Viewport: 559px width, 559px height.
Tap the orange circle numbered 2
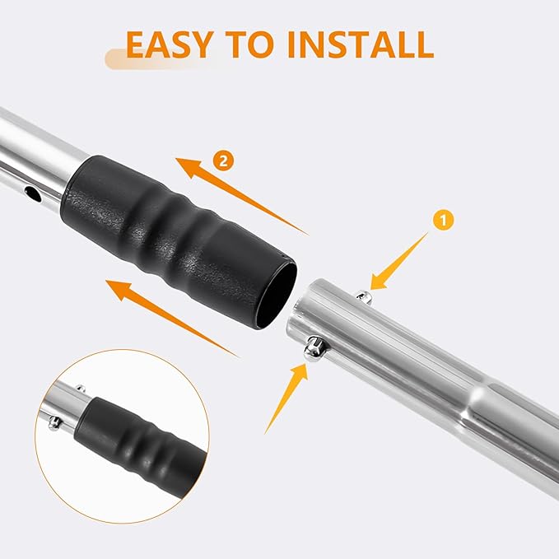click(x=224, y=161)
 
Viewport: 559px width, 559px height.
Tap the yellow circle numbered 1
click(x=444, y=221)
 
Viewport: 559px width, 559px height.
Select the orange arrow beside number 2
click(x=242, y=196)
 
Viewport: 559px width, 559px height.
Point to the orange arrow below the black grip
click(x=172, y=319)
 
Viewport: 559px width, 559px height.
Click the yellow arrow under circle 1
click(x=399, y=261)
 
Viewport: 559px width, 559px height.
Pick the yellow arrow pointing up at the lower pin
click(x=286, y=398)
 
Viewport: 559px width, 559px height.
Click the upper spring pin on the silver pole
click(x=363, y=296)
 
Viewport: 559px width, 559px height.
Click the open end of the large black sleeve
click(x=277, y=296)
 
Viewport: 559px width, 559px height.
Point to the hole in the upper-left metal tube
click(x=33, y=193)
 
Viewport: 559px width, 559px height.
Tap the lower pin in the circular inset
click(x=54, y=423)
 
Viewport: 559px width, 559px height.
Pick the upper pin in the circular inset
click(x=81, y=389)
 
